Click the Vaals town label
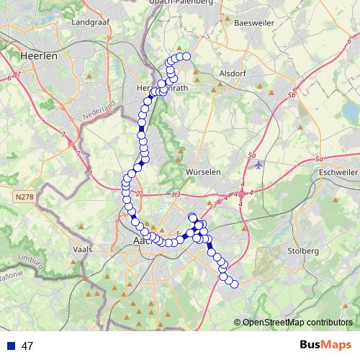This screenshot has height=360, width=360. tap(84, 249)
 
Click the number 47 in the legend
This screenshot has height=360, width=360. tap(27, 346)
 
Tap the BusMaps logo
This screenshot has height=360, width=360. tap(325, 346)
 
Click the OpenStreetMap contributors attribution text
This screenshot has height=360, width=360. tap(297, 323)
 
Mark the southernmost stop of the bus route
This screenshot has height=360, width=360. tap(234, 284)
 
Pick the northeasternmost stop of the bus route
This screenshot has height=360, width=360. tap(186, 56)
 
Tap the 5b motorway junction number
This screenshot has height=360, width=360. tap(291, 95)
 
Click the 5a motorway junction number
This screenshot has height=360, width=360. tap(251, 155)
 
